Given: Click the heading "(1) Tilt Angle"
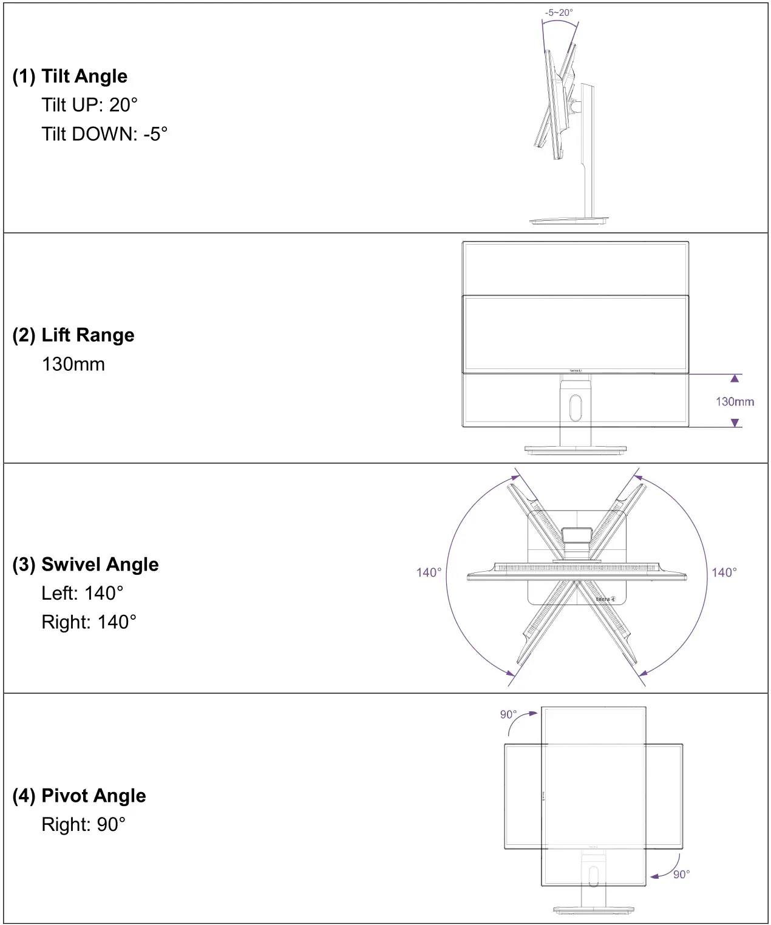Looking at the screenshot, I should (70, 76).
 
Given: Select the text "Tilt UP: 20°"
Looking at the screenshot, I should (89, 105).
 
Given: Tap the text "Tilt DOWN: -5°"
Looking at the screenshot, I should (104, 134).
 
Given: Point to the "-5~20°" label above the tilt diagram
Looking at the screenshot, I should (559, 12).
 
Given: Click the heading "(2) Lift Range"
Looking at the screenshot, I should (73, 335).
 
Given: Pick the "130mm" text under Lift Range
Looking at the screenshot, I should (73, 364).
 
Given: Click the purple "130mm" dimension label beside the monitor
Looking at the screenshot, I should (735, 401).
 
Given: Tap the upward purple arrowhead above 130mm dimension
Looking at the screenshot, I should (735, 379).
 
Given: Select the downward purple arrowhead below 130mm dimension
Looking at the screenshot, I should (735, 422).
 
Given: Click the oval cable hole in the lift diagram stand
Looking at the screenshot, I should (576, 408).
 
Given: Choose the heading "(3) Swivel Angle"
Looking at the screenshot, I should (86, 564).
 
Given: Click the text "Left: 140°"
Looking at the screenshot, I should (82, 593).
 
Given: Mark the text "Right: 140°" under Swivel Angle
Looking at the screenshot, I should (89, 622).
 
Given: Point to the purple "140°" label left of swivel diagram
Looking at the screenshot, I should (429, 572).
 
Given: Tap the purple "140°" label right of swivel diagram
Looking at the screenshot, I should (724, 572).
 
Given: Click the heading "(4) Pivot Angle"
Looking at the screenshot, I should (79, 796).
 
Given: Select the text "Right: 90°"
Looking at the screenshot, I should (83, 824).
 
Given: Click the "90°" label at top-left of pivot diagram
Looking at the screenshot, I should (508, 714).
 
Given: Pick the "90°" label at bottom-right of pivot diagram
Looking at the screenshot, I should (681, 874).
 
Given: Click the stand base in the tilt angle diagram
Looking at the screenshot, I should (568, 222).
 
